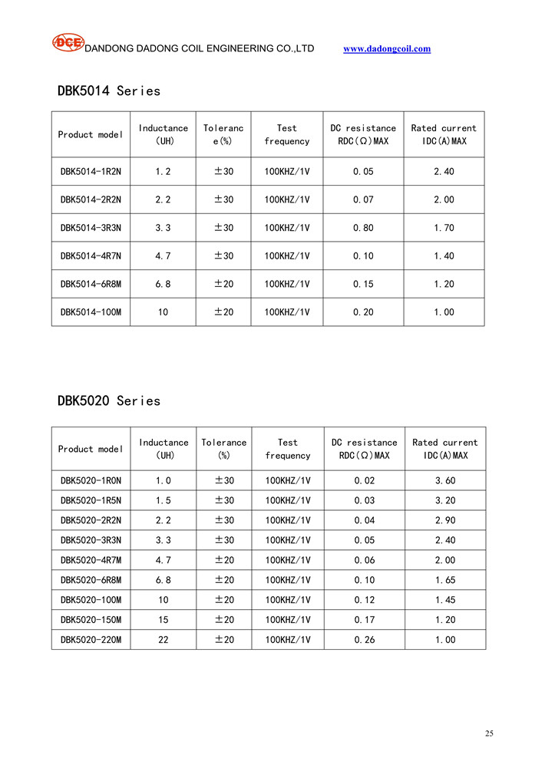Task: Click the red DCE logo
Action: (x=68, y=43)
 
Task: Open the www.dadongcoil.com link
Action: (x=387, y=49)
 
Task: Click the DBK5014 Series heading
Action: (x=109, y=91)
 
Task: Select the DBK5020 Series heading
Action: (x=109, y=401)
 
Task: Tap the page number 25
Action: (x=489, y=733)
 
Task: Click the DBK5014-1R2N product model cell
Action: (x=91, y=172)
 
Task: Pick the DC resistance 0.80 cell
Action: (x=363, y=228)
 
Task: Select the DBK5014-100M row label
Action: (x=91, y=312)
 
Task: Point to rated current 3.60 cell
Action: (x=444, y=481)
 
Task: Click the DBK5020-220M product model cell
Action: (x=91, y=640)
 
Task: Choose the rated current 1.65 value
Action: (x=444, y=580)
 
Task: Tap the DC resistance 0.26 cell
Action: (x=364, y=640)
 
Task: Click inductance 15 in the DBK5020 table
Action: (x=163, y=620)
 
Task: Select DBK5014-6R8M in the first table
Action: (x=91, y=285)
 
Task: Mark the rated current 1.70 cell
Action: (x=444, y=228)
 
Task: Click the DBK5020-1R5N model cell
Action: (x=91, y=501)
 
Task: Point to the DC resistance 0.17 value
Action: (x=364, y=620)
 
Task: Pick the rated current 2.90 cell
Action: (x=444, y=521)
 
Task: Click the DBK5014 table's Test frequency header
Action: (x=286, y=135)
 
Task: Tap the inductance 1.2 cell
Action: (x=163, y=172)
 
